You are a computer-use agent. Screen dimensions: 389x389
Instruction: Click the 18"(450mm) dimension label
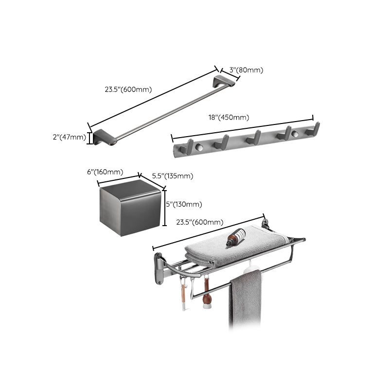(x=229, y=117)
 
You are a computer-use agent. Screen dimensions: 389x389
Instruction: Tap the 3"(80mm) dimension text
(x=246, y=70)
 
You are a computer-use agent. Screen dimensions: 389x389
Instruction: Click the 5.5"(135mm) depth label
(x=172, y=176)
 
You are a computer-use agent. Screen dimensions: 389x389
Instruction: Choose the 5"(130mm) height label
(x=184, y=204)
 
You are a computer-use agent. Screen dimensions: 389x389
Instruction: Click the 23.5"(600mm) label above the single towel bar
(x=128, y=89)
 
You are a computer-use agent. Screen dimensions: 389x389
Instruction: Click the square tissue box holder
(x=129, y=208)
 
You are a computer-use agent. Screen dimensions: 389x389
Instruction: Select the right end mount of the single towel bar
(x=226, y=80)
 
